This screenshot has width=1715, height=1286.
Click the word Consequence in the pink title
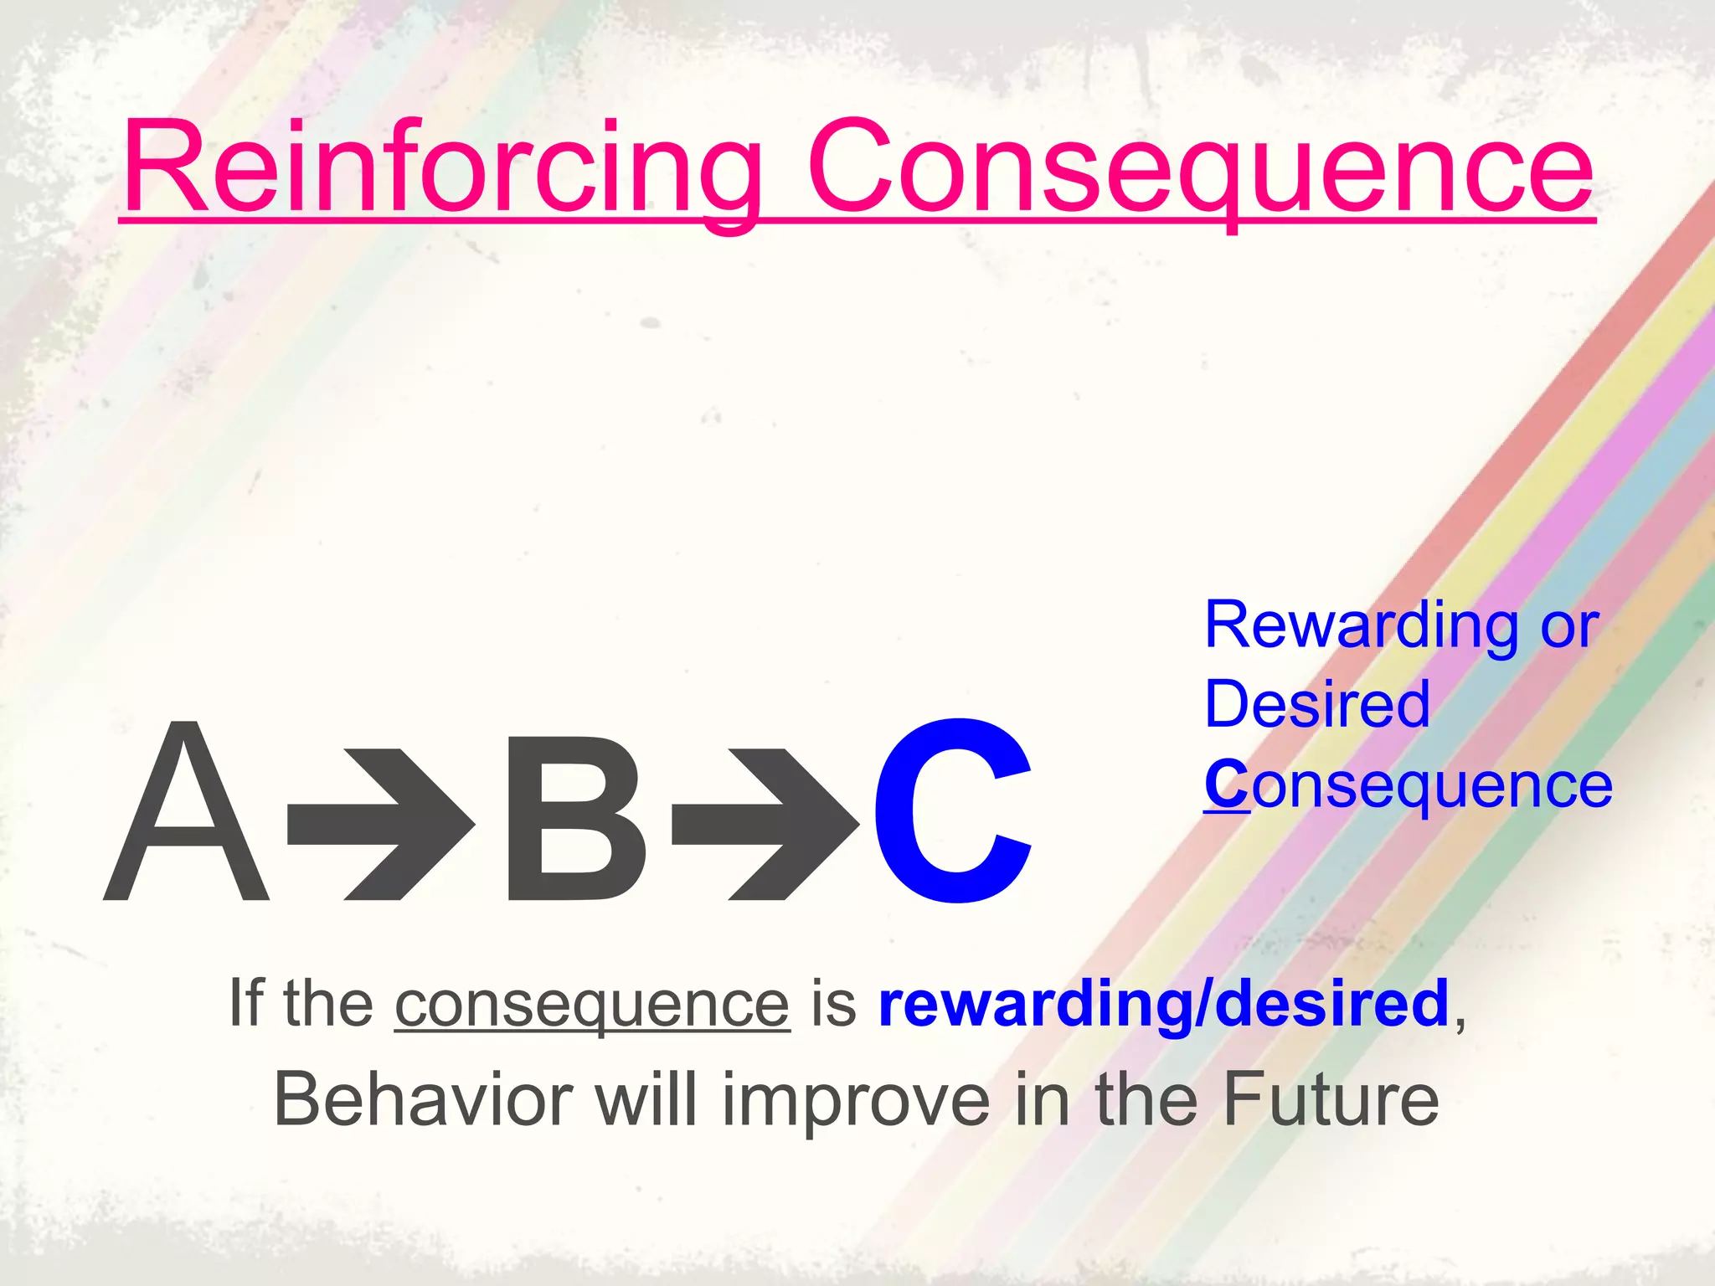coord(1199,167)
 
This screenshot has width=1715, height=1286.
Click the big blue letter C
coord(953,812)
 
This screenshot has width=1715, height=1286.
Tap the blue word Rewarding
coord(1361,625)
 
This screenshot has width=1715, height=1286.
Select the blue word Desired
coord(1316,705)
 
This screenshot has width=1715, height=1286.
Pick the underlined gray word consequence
coord(592,1004)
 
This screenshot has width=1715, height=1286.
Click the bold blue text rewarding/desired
coord(1163,1004)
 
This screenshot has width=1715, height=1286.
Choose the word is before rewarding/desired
coord(834,1004)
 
